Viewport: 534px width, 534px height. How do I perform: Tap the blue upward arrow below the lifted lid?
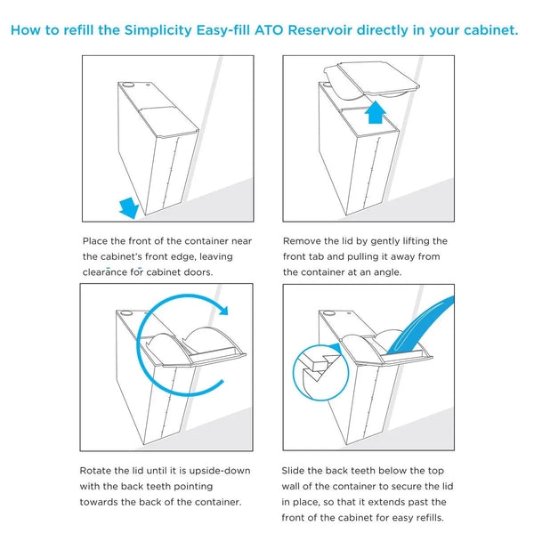pos(375,113)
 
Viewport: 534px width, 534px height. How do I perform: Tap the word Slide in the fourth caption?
pos(296,469)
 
